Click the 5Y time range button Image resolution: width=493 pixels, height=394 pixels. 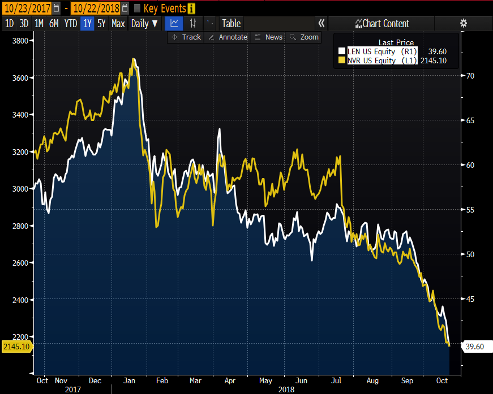(x=101, y=23)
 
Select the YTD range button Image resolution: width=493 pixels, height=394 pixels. (x=71, y=23)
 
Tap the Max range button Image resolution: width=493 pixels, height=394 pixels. (x=118, y=23)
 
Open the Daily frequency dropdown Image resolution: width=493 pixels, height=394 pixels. (x=144, y=23)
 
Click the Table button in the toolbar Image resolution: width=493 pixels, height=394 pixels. (x=231, y=23)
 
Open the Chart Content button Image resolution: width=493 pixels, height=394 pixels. (x=382, y=23)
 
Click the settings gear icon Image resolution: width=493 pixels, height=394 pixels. (x=464, y=23)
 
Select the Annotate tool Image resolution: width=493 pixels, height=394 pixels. (x=228, y=37)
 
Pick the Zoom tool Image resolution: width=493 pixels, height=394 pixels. (x=304, y=37)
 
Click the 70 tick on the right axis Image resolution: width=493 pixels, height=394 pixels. (x=470, y=76)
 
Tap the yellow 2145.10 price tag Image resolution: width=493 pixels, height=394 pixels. (x=16, y=345)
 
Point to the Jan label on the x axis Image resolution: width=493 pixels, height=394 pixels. (x=130, y=380)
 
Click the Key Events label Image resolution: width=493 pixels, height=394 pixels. (x=165, y=8)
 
